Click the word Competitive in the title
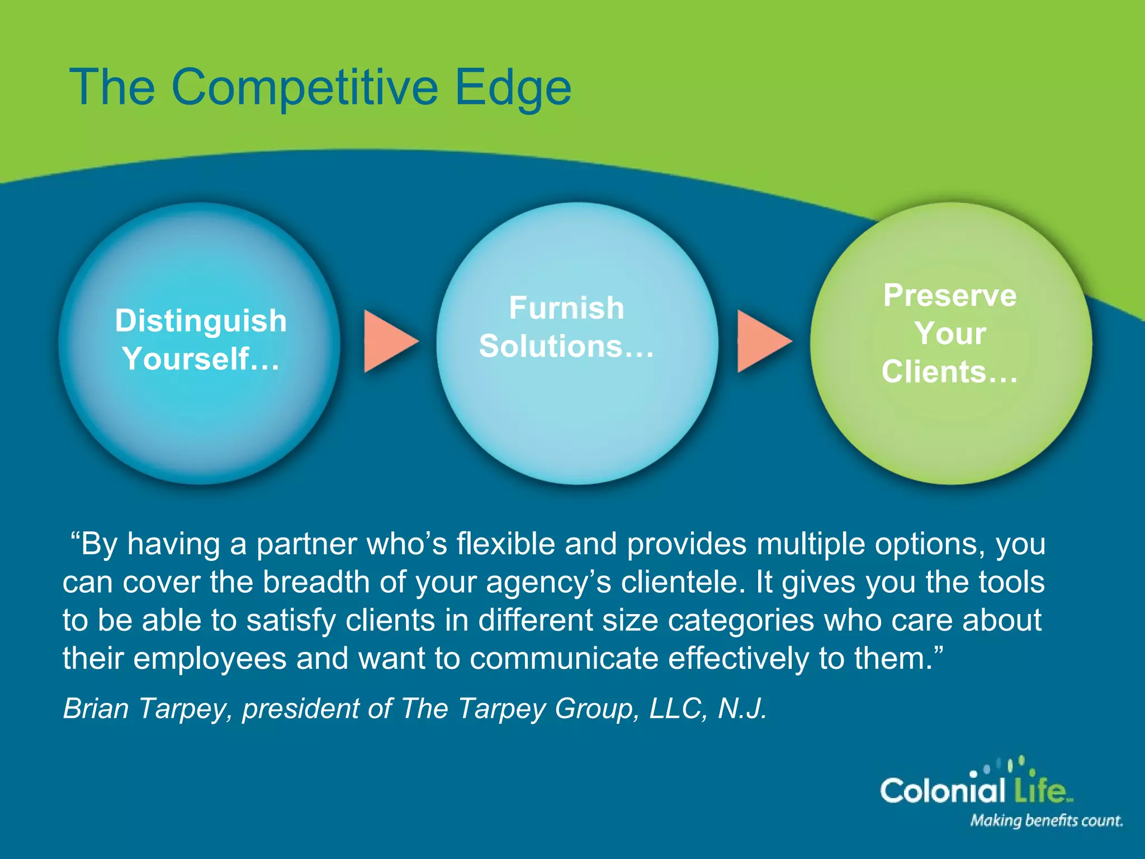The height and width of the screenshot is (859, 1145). coord(305,88)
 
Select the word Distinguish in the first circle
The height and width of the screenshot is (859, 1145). coord(201,321)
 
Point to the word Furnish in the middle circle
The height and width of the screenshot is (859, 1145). coord(566,308)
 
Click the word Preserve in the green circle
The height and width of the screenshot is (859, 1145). coord(950,295)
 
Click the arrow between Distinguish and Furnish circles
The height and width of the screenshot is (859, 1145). coord(389,341)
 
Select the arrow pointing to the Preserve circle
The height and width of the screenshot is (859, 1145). coord(762,341)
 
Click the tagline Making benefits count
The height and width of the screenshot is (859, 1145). coord(1046,821)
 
